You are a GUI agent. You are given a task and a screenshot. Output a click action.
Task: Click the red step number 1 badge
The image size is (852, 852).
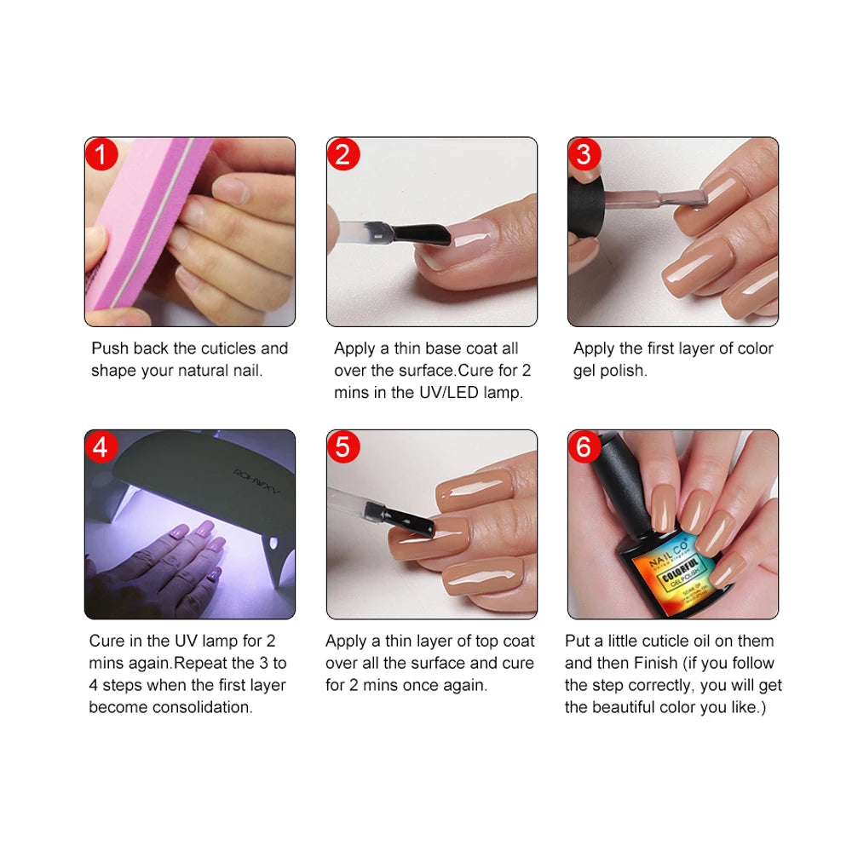(x=101, y=155)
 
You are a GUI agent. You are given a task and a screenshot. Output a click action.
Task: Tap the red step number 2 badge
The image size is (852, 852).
(x=343, y=155)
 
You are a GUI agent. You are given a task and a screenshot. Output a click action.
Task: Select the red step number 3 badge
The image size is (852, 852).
(x=584, y=155)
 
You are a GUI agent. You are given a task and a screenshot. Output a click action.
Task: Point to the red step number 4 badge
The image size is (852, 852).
(x=101, y=447)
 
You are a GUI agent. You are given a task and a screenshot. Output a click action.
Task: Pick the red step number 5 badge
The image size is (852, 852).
(x=343, y=447)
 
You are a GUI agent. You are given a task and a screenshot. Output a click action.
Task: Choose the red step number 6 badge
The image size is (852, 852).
(x=584, y=447)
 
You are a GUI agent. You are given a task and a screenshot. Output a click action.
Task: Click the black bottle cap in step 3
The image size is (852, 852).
(x=586, y=204)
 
